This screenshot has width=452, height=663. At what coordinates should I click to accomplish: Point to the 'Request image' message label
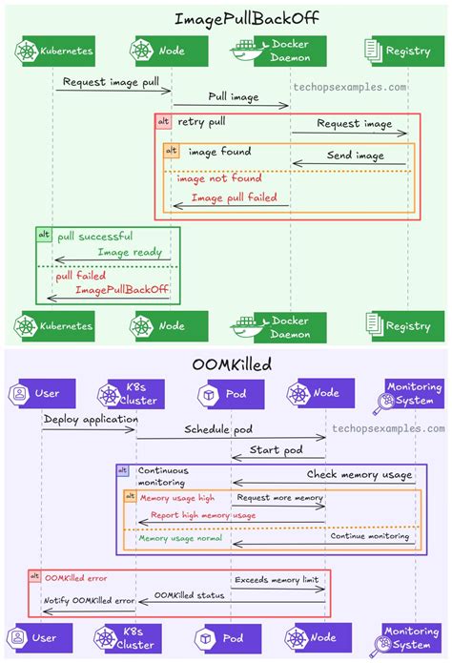pos(354,123)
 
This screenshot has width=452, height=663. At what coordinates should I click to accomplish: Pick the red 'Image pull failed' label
pos(234,197)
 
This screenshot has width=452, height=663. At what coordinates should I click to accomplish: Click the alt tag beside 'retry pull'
pos(164,123)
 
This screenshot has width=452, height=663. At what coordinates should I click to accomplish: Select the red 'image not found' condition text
pos(218,177)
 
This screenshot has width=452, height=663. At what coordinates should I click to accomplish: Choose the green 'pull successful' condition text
pos(94,236)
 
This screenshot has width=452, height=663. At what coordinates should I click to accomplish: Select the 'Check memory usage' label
pos(360,474)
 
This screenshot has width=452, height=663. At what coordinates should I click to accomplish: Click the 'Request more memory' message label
pos(279,498)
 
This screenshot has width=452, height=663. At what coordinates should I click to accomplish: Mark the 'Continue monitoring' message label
pos(371,536)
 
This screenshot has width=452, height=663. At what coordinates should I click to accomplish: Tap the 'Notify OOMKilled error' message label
pos(89,599)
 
